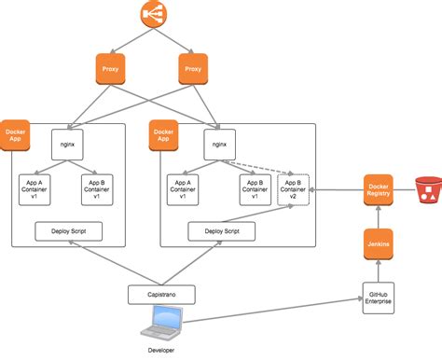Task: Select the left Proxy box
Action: click(111, 68)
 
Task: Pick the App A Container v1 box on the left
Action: click(38, 187)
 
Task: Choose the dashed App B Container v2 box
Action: click(293, 187)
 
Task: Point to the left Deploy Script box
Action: click(67, 229)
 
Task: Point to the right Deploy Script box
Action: click(220, 229)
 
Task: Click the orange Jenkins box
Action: click(378, 244)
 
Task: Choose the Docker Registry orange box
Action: click(378, 189)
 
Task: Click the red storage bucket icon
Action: click(427, 189)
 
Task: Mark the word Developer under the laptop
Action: click(159, 350)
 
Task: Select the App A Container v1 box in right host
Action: click(184, 187)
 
